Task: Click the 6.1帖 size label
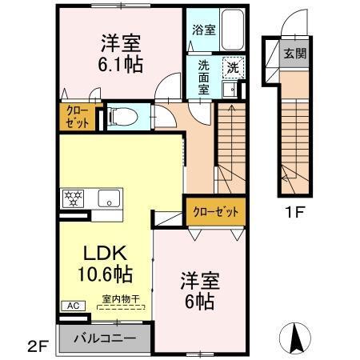pos(122,64)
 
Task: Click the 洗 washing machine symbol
pos(233,68)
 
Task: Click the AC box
pos(70,306)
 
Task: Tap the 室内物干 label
pos(120,299)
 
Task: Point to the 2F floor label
pos(38,346)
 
